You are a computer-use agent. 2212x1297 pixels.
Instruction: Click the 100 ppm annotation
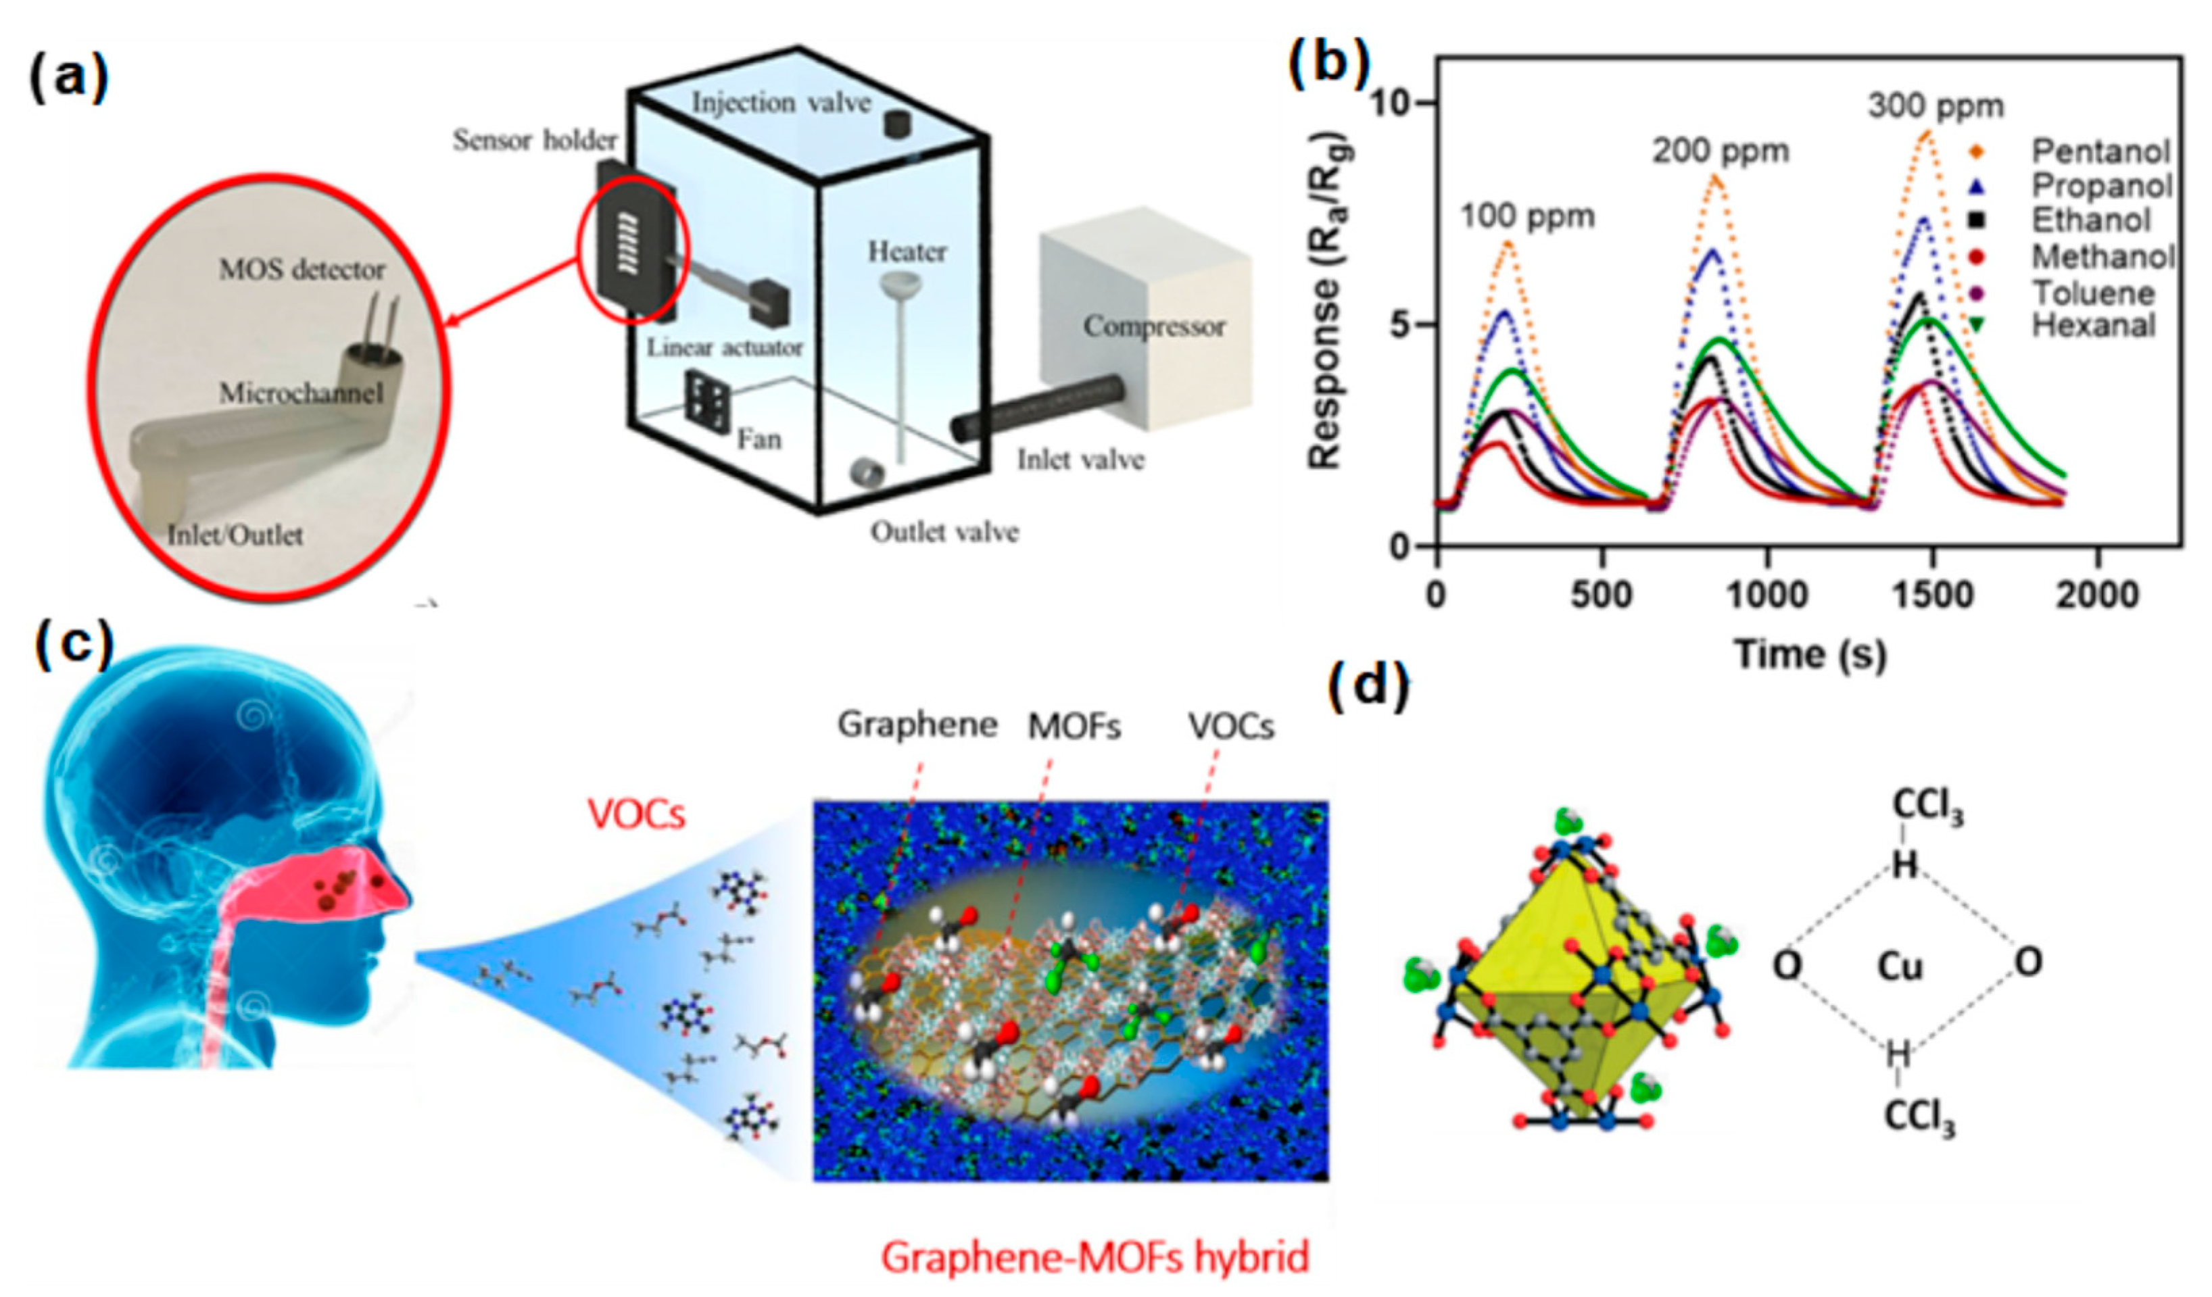(1527, 216)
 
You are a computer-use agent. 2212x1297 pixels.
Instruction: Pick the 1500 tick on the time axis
(1932, 596)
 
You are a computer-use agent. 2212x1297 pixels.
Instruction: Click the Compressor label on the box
(1153, 326)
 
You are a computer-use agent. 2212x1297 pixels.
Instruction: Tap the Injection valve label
(782, 103)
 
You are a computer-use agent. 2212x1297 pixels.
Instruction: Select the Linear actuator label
(725, 347)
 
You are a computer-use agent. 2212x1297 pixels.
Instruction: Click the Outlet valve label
(944, 532)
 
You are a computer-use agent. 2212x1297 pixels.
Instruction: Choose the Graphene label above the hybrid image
(917, 725)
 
